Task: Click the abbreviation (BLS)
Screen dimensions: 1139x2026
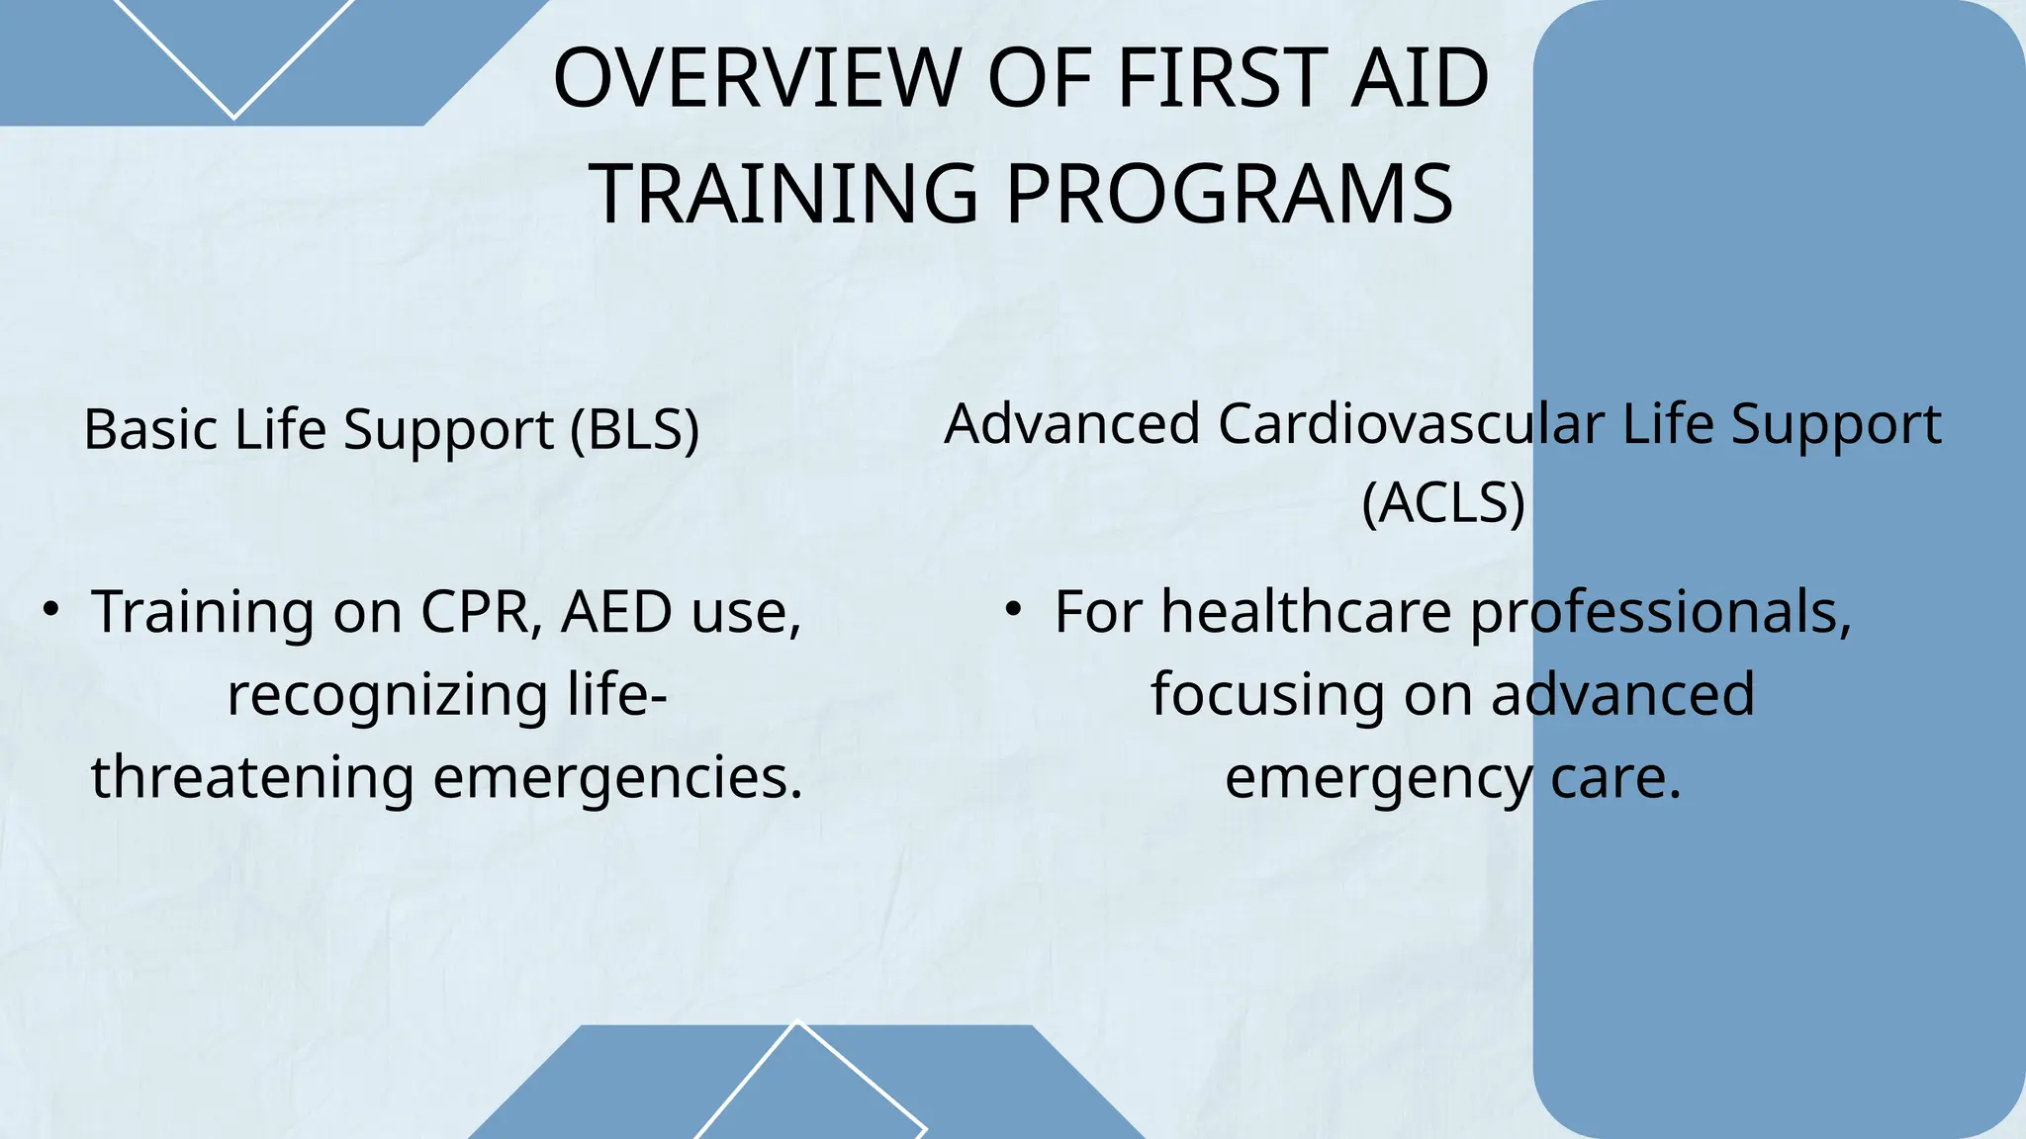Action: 635,430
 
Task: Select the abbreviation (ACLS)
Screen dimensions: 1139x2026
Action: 1443,502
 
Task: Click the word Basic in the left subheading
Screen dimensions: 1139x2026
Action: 150,430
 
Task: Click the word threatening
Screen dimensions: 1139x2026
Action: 252,777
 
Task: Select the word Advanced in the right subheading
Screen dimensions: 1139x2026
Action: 1072,424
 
